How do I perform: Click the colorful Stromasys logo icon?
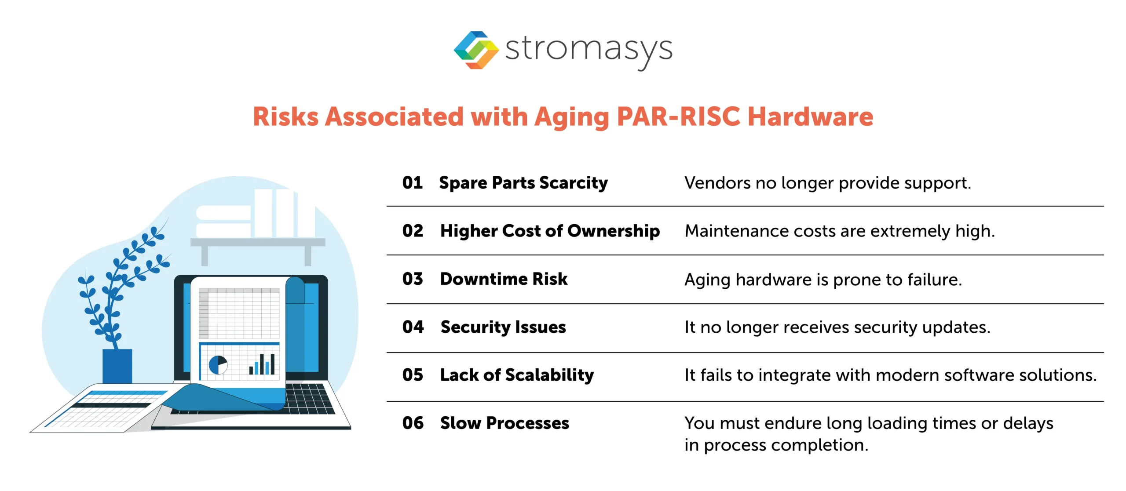[476, 50]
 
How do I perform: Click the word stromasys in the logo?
[589, 49]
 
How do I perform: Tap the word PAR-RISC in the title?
[678, 117]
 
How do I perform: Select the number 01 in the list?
[412, 183]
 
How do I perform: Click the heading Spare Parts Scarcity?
[523, 183]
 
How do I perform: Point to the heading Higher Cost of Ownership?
[549, 231]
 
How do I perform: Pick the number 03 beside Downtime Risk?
[412, 279]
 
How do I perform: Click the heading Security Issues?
[503, 327]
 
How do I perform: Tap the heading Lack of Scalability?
[516, 375]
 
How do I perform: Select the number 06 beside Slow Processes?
[412, 423]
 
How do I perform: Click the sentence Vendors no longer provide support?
[827, 183]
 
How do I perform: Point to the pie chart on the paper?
[218, 364]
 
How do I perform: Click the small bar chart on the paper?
[262, 364]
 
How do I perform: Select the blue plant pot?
[117, 366]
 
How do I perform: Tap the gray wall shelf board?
[257, 242]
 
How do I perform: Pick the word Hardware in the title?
[810, 117]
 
